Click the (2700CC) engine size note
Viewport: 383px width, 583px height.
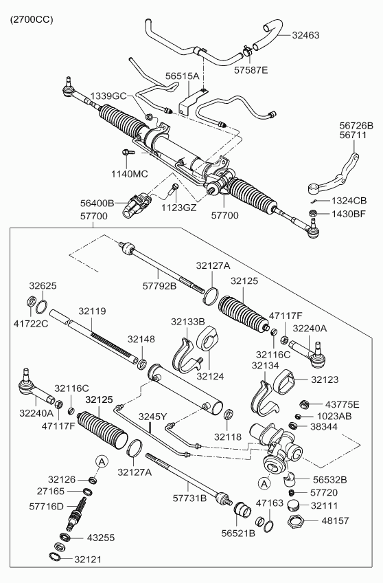(31, 20)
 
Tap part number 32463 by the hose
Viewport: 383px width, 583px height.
(305, 35)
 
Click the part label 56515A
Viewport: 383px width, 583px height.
(182, 76)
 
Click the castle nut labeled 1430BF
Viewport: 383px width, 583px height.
(313, 213)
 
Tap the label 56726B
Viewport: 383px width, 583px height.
(356, 126)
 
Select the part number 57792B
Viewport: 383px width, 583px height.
(159, 286)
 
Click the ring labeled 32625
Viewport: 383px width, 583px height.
(42, 308)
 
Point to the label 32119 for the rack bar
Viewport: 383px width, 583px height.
(92, 311)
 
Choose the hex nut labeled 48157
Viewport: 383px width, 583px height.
(296, 521)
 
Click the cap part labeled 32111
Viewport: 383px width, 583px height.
(294, 506)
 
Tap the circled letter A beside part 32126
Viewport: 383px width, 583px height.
(102, 462)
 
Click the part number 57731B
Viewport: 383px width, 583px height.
(189, 498)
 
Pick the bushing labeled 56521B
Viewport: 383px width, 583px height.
(243, 508)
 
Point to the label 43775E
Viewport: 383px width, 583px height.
(343, 404)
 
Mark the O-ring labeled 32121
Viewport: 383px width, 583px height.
(56, 557)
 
